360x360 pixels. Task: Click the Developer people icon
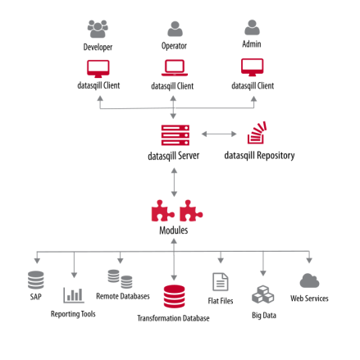(98, 30)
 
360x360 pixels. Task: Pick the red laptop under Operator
(175, 67)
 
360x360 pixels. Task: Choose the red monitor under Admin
(253, 66)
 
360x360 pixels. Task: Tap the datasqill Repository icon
(257, 134)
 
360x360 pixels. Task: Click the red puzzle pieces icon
(175, 212)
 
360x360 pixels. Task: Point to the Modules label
(173, 231)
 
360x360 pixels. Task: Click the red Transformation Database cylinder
(174, 295)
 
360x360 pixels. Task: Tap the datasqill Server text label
(173, 155)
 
